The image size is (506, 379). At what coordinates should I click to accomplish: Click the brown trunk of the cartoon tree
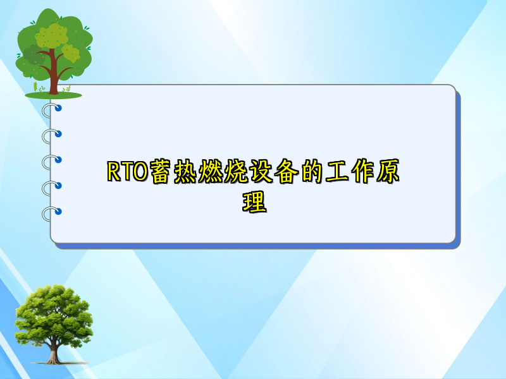[54, 79]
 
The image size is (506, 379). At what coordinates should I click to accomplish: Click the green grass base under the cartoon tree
[53, 95]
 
